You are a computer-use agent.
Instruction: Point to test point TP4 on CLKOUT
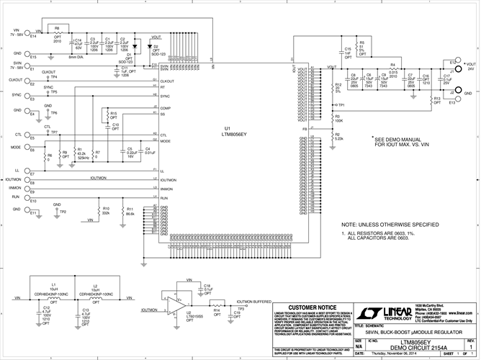(53, 76)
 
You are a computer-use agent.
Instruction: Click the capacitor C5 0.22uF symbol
(124, 153)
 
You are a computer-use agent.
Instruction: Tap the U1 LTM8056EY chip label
(235, 133)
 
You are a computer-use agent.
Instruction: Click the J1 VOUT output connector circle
(452, 69)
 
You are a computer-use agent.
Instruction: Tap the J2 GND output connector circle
(452, 94)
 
